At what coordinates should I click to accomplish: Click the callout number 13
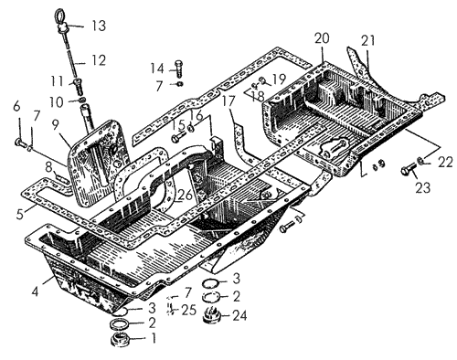(99, 26)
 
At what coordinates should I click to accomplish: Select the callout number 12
(98, 60)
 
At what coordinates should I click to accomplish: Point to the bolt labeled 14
(178, 69)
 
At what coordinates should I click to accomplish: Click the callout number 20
(322, 38)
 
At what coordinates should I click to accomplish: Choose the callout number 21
(368, 41)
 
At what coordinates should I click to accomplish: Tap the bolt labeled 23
(409, 169)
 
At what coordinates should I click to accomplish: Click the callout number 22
(445, 163)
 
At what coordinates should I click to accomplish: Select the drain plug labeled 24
(211, 316)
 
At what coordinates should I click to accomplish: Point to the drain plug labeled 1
(121, 340)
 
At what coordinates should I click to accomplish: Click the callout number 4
(36, 291)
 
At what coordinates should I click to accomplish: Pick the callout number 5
(20, 214)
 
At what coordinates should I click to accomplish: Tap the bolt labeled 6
(21, 142)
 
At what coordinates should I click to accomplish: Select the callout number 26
(185, 196)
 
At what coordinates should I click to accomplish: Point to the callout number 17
(229, 101)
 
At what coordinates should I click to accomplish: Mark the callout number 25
(189, 310)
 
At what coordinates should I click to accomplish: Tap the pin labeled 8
(62, 177)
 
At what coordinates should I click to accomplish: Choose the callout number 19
(278, 79)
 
